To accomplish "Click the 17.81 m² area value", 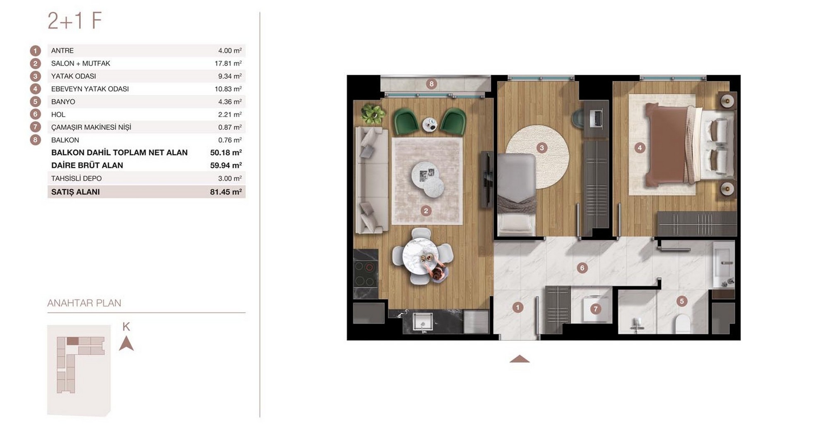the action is [x=228, y=63].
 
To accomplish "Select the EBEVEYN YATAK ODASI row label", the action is [x=90, y=89].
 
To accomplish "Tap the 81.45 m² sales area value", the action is [x=226, y=192].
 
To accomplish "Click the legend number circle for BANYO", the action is [x=35, y=102].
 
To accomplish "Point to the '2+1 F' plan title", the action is [x=75, y=21].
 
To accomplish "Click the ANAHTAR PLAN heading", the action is [x=84, y=303].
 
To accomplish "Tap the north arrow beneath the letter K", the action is [x=126, y=343].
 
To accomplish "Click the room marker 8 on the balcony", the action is [x=431, y=84].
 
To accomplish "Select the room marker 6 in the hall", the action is [x=582, y=268].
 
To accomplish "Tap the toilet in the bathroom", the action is [x=682, y=324].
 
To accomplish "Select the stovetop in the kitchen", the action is [x=366, y=274].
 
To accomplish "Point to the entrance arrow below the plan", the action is [x=520, y=359].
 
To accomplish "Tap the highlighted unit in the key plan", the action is [x=72, y=341].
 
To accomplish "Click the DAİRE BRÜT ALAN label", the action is [x=87, y=166].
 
